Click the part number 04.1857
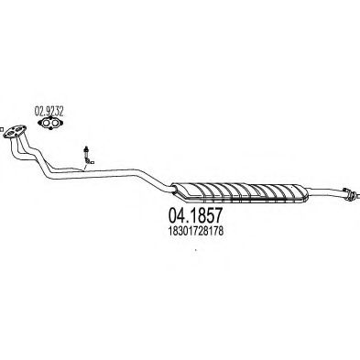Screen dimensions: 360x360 point(194,215)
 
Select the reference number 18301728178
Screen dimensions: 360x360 point(195,231)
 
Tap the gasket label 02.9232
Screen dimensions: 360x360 point(49,112)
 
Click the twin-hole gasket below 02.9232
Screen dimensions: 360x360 point(50,123)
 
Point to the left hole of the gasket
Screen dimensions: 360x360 point(46,123)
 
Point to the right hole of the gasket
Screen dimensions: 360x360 point(55,123)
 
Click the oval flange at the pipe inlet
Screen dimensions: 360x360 point(15,132)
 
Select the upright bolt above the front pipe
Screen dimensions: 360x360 point(86,154)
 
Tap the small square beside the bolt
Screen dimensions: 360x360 point(93,163)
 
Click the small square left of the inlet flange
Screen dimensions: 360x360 point(1,129)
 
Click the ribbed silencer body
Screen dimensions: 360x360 point(240,193)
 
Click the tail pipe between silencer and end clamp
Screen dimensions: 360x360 point(326,191)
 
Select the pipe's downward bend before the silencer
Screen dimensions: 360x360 point(153,180)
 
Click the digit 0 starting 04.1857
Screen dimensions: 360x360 point(172,215)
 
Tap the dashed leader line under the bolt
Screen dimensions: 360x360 point(84,166)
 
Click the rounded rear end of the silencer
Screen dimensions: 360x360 point(305,193)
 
